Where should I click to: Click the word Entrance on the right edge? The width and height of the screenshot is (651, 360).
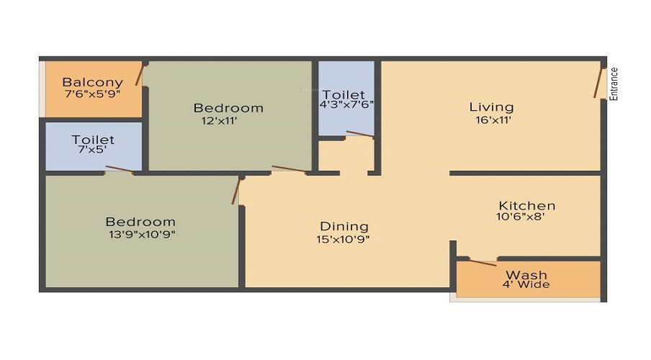click(614, 84)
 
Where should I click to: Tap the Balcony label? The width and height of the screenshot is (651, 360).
click(92, 82)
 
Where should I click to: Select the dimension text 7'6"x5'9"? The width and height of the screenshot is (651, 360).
click(92, 94)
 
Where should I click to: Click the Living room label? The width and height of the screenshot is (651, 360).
click(491, 107)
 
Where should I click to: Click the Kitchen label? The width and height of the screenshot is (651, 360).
click(527, 205)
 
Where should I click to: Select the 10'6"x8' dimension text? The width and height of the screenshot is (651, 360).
click(526, 216)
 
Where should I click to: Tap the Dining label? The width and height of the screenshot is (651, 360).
click(344, 226)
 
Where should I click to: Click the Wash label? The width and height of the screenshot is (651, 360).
click(526, 274)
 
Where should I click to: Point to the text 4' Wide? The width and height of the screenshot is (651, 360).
click(526, 284)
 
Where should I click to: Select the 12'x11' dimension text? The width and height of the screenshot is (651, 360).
click(220, 121)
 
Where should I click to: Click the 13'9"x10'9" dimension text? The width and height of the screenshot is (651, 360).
click(140, 233)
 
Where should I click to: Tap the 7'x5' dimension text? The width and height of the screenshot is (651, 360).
click(92, 151)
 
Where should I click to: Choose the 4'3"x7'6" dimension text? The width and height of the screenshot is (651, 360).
click(346, 104)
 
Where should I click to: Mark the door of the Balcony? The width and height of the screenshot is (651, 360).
click(140, 73)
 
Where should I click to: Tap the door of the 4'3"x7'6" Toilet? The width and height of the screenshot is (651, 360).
click(359, 133)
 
